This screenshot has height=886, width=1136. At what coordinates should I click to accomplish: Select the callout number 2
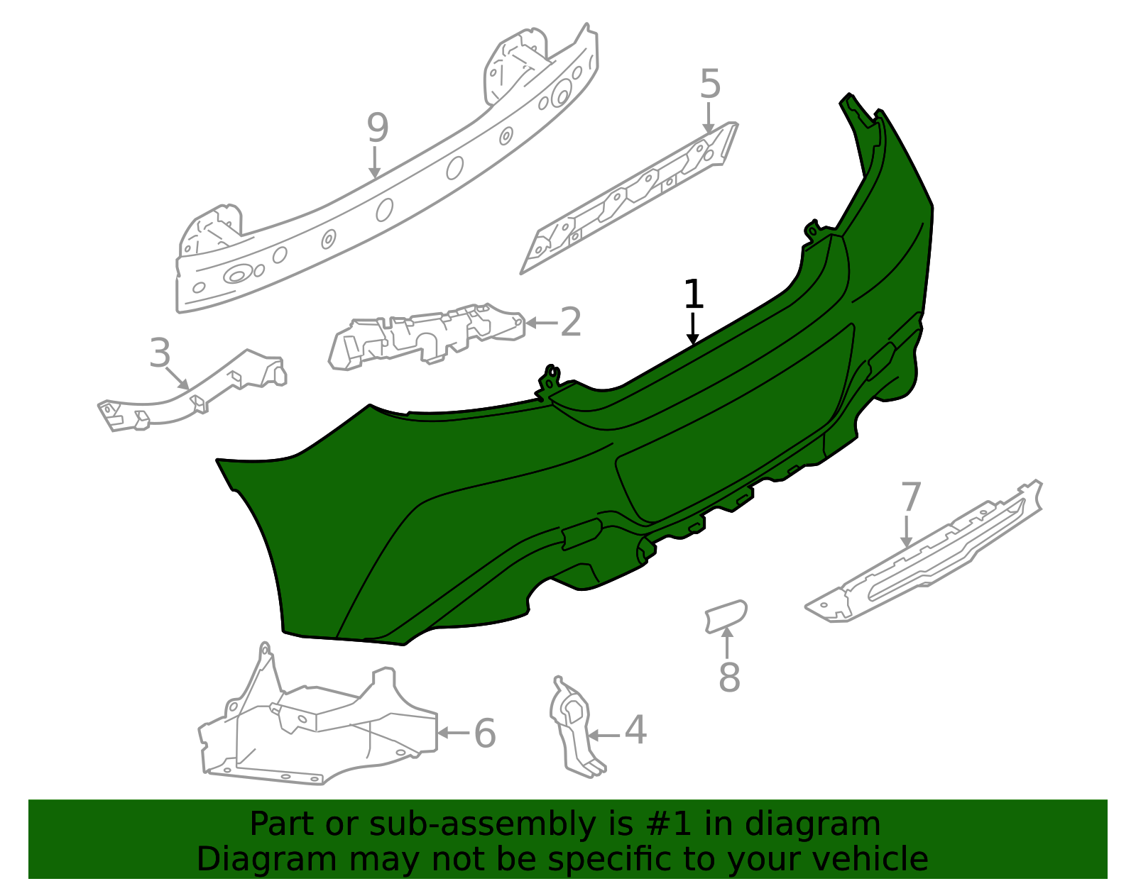(570, 322)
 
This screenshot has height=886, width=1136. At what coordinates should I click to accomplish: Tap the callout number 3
(160, 353)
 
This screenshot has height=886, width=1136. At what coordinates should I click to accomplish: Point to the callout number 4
(635, 730)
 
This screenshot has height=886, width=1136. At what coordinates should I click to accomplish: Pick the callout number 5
(711, 84)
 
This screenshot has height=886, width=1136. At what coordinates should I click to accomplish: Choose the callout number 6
(485, 733)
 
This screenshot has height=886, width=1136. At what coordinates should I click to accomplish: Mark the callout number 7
(911, 497)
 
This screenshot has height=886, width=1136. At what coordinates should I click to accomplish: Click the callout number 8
(730, 677)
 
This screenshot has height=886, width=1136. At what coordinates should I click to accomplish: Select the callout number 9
(378, 128)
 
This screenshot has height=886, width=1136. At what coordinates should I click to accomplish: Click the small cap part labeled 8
(726, 616)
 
